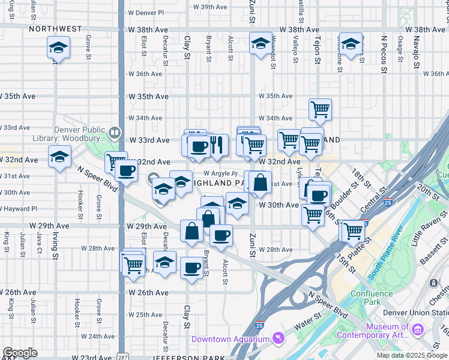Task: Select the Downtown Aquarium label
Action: (231, 340)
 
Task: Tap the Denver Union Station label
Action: (423, 313)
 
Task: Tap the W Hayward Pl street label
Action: (18, 209)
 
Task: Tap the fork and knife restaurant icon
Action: (218, 144)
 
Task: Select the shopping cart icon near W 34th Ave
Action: (321, 109)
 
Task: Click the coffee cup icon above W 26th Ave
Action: (192, 268)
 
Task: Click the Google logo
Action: (20, 353)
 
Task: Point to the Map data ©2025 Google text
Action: (411, 355)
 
